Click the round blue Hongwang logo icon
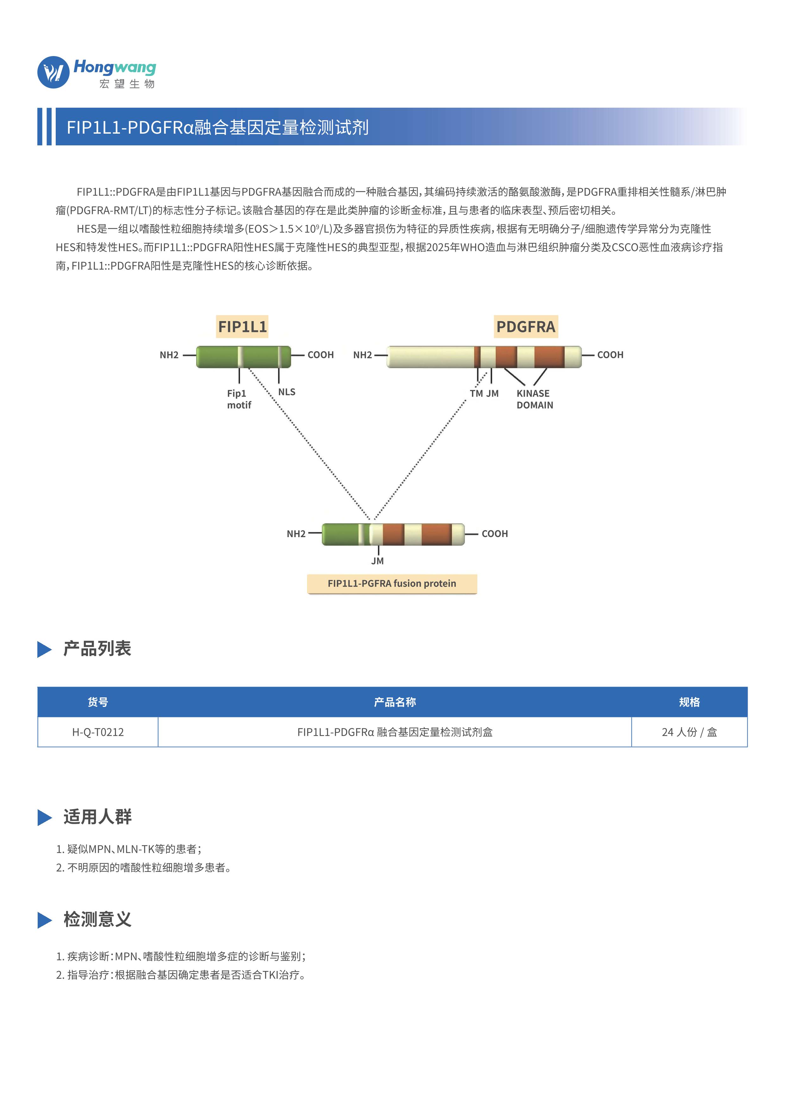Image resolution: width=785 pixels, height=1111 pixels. pos(53,72)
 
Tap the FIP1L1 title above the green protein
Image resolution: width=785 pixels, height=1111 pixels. pos(242,327)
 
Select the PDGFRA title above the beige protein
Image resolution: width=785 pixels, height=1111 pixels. pos(526,327)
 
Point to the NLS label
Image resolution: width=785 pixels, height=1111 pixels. pos(287,392)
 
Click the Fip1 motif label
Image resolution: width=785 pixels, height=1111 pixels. pos(239,399)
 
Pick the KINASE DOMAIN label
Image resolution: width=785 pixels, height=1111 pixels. pos(534,399)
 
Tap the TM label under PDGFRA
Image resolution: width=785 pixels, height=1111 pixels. pos(476,393)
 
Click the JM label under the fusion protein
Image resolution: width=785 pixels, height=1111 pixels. pos(378,561)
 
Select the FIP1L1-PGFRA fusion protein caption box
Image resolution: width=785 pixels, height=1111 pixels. pos(392,584)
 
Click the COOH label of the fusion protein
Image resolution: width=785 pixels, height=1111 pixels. pos(495,534)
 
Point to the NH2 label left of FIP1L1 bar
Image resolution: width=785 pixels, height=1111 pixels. pos(169,355)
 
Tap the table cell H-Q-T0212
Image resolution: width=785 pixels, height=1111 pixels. pos(98,732)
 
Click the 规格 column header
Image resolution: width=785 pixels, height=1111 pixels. pos(689,702)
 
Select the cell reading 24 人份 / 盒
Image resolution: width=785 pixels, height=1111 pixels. pos(689,732)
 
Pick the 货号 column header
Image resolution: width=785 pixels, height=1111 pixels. pos(98,702)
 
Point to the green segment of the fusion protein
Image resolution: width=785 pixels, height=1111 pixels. pos(341,534)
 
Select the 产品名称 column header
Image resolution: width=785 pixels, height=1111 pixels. pos(395,702)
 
